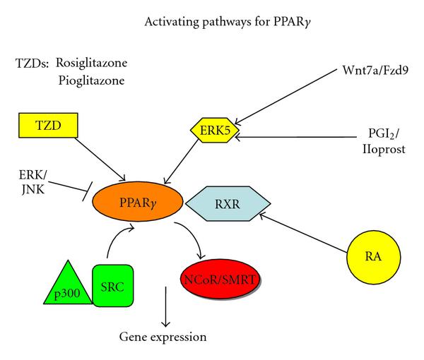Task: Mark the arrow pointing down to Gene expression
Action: point(166,305)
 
